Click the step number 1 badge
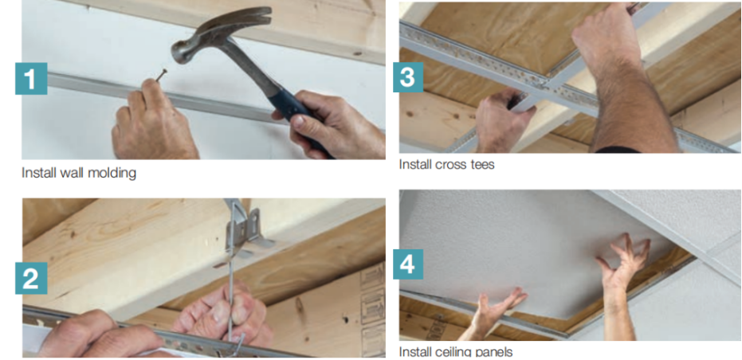pyautogui.click(x=31, y=78)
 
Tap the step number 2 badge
pyautogui.click(x=31, y=278)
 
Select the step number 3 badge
pyautogui.click(x=408, y=77)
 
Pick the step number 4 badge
pyautogui.click(x=408, y=264)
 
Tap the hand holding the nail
pyautogui.click(x=151, y=123)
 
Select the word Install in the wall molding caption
pyautogui.click(x=39, y=173)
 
